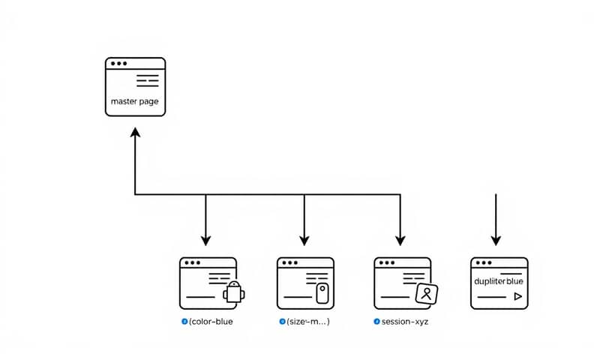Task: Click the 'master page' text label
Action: [x=134, y=101]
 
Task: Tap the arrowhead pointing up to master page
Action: [x=135, y=132]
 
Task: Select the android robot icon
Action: [x=234, y=292]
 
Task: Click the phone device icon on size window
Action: [x=322, y=292]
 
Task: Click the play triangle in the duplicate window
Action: [x=517, y=297]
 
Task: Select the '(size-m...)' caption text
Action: [x=308, y=321]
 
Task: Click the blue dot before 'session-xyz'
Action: [x=376, y=321]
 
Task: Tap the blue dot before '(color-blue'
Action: [x=184, y=321]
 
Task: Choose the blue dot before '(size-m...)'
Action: [x=282, y=321]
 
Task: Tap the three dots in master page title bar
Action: [x=118, y=64]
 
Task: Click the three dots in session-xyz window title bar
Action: [x=388, y=263]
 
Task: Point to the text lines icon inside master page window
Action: [x=148, y=80]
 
